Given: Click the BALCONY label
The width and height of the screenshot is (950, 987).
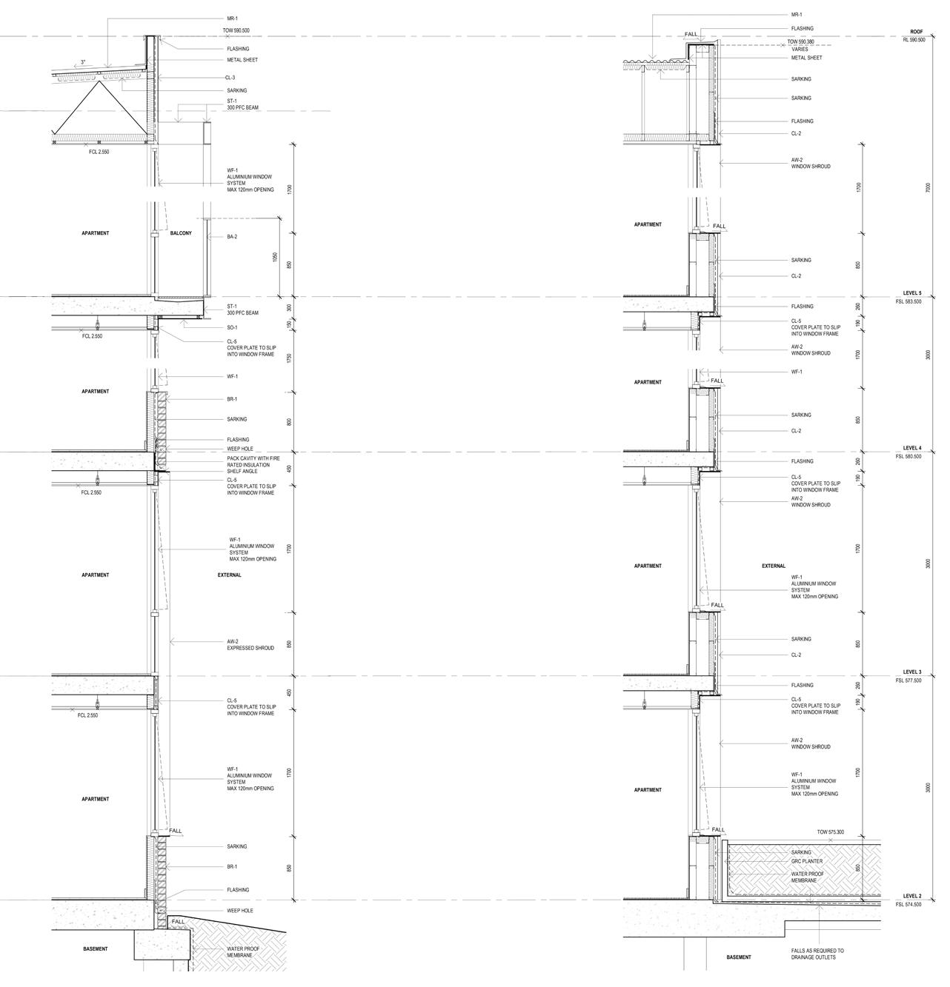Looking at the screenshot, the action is (x=181, y=233).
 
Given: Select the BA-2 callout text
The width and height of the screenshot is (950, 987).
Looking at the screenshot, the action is (x=232, y=237).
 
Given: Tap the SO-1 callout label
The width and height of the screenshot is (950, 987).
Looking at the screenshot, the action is (x=232, y=327).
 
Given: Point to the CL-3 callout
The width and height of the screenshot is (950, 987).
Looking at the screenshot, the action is (x=230, y=78).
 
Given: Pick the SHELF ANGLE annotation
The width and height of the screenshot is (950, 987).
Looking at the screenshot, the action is (x=242, y=471).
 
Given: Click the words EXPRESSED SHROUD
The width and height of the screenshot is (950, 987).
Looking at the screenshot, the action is (x=250, y=648).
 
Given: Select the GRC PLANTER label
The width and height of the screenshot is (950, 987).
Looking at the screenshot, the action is (x=806, y=861).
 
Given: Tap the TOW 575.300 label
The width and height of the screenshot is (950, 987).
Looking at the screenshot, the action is (x=830, y=832).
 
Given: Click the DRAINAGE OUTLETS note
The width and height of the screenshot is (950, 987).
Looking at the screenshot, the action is (x=813, y=957).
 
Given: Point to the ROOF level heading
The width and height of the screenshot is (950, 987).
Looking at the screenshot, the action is (x=917, y=33).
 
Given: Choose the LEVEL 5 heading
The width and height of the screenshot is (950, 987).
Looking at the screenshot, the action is (x=912, y=293).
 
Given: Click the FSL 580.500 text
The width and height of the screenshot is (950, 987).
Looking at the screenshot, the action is (x=909, y=456).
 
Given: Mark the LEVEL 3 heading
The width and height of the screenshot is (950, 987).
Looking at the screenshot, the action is (x=912, y=672).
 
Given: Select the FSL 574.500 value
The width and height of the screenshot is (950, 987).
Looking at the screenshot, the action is (x=909, y=904).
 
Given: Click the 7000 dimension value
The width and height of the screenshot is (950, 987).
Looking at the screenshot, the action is (x=929, y=188).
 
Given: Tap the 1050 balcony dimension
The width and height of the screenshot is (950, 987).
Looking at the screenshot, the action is (x=275, y=257).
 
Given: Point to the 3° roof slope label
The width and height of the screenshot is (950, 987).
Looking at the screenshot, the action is (x=84, y=62).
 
